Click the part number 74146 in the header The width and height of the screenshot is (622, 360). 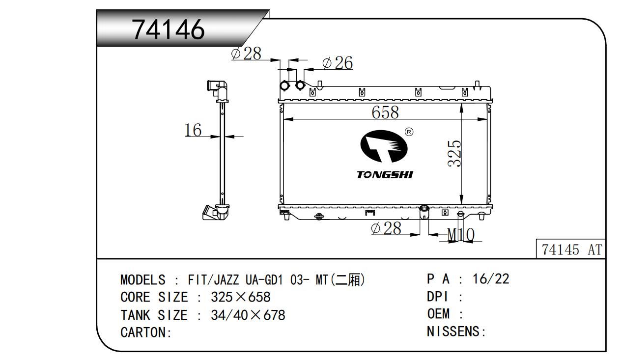point(168,29)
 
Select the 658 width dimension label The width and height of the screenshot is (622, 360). point(385,112)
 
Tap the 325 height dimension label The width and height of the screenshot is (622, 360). point(454,154)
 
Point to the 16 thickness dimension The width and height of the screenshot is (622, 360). point(193,130)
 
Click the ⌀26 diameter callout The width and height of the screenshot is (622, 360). point(338,63)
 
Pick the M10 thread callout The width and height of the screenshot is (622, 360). point(461,235)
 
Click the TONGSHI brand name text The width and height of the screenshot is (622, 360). point(385,174)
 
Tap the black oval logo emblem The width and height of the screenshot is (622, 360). point(384,146)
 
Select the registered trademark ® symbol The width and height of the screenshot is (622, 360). point(409,132)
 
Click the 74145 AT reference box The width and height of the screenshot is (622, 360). point(571,249)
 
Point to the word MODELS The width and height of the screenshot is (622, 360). point(143,280)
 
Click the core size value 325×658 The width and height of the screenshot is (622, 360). point(240,297)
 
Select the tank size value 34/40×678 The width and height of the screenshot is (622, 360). point(248,315)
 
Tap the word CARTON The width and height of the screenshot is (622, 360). point(143,332)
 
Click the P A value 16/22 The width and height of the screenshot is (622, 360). point(491,279)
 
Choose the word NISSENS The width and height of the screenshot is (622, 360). point(453,332)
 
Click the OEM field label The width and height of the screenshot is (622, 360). point(438,314)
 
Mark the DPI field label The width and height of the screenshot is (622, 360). point(437,297)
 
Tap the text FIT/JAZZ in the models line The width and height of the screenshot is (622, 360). point(213,280)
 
